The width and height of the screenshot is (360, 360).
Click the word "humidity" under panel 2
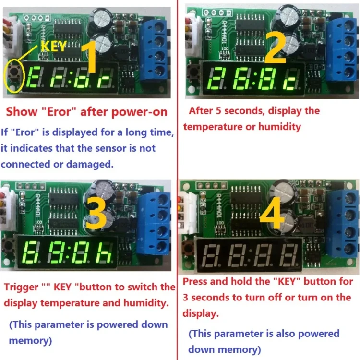coord(280,127)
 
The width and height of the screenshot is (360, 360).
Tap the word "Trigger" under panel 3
coord(21,288)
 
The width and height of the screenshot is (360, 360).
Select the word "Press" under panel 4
coord(195,282)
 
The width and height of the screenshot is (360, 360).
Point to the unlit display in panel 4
coord(250,252)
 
